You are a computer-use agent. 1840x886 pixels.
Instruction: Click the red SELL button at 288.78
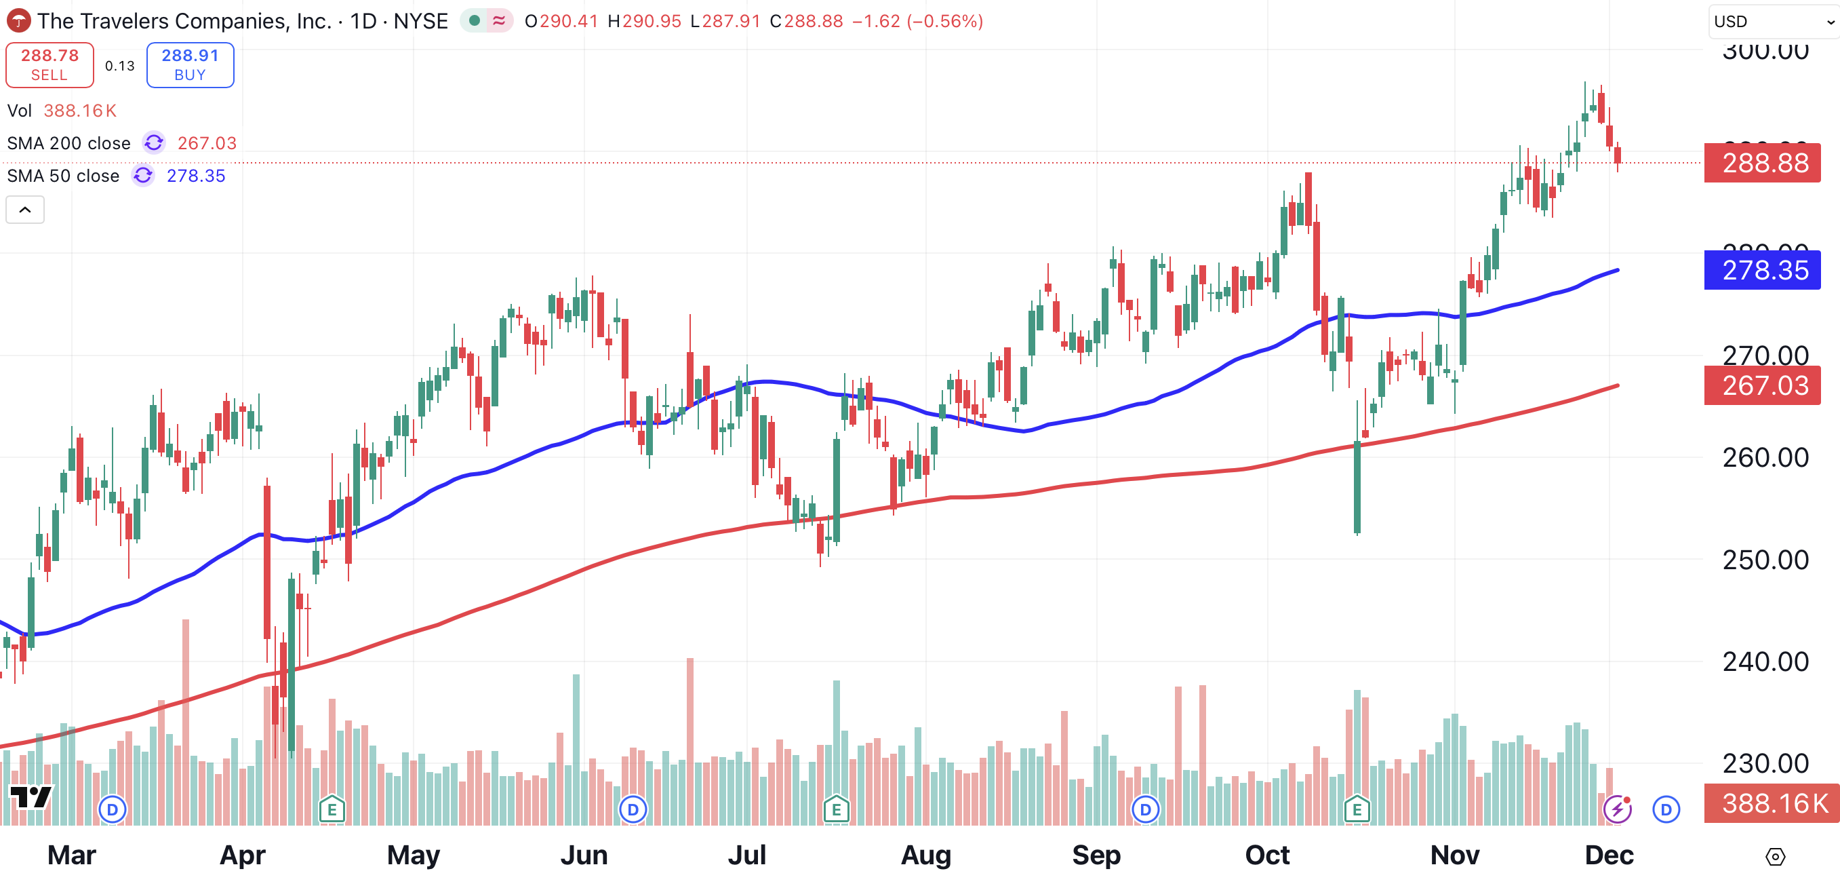tap(49, 65)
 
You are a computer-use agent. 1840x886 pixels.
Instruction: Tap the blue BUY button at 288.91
tap(190, 65)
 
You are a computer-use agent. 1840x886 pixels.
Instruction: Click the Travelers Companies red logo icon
tap(18, 21)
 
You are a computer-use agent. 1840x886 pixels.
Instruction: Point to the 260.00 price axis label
tap(1765, 457)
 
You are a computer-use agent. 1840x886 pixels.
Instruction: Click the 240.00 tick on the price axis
tap(1765, 661)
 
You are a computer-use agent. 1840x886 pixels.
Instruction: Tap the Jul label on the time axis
tap(746, 855)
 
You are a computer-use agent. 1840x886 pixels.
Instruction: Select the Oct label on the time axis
tap(1267, 855)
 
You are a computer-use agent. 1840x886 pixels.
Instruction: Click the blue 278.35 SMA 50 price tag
tap(1762, 270)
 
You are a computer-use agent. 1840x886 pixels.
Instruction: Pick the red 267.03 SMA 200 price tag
tap(1762, 386)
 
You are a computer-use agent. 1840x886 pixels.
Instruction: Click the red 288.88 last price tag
tap(1762, 163)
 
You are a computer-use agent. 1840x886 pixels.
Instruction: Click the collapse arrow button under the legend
tap(25, 210)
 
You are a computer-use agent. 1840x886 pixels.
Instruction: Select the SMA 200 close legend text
tap(68, 144)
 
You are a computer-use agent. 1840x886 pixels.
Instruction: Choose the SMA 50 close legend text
tap(63, 176)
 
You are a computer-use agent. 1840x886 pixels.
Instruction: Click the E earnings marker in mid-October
tap(1357, 809)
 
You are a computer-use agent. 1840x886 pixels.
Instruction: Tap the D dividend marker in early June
tap(633, 809)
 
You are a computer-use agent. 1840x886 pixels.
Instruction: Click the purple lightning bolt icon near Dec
tap(1617, 809)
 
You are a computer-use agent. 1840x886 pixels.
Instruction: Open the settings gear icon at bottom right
tap(1775, 856)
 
